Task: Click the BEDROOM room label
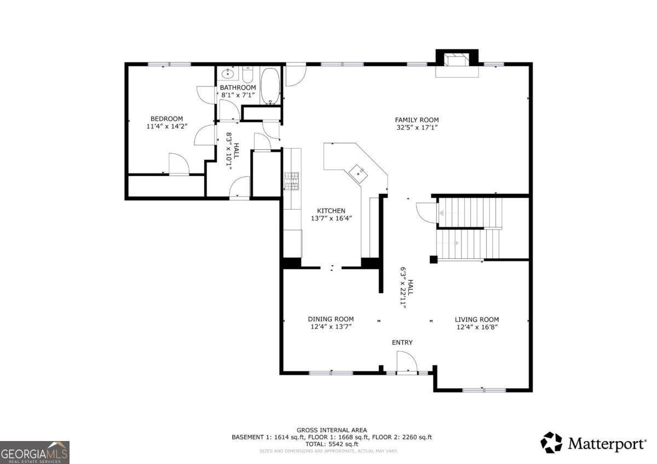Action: point(166,119)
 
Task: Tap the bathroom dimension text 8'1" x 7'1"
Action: point(238,95)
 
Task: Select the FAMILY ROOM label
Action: point(417,120)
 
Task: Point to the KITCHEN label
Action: point(331,211)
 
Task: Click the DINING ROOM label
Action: point(331,319)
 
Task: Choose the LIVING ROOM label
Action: point(477,320)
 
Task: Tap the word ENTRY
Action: point(402,343)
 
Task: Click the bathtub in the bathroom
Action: point(270,86)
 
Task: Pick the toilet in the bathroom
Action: point(247,75)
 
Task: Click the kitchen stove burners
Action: point(291,181)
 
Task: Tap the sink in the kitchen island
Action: point(358,173)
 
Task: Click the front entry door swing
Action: point(407,362)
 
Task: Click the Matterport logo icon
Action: point(551,442)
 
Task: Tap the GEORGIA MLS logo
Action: point(34,453)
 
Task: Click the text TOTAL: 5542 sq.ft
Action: point(332,444)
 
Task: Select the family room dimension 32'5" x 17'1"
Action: point(417,127)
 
